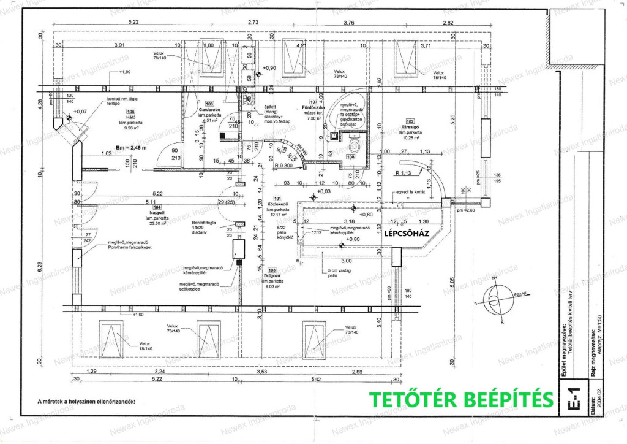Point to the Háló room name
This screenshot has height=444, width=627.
(130, 117)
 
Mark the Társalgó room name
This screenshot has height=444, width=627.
(410, 127)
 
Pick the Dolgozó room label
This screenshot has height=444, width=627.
(272, 275)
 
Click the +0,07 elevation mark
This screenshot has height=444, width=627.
(80, 112)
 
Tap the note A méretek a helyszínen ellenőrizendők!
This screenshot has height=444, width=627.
(86, 402)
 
